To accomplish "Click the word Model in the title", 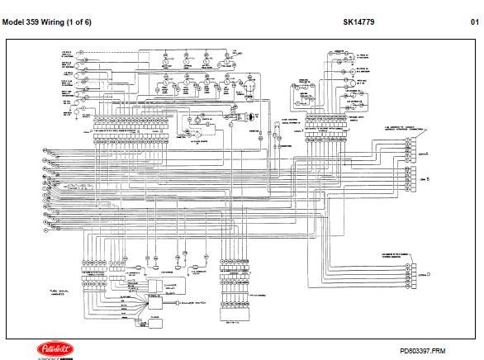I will pyautogui.click(x=18, y=22).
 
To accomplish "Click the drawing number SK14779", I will pyautogui.click(x=358, y=22).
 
